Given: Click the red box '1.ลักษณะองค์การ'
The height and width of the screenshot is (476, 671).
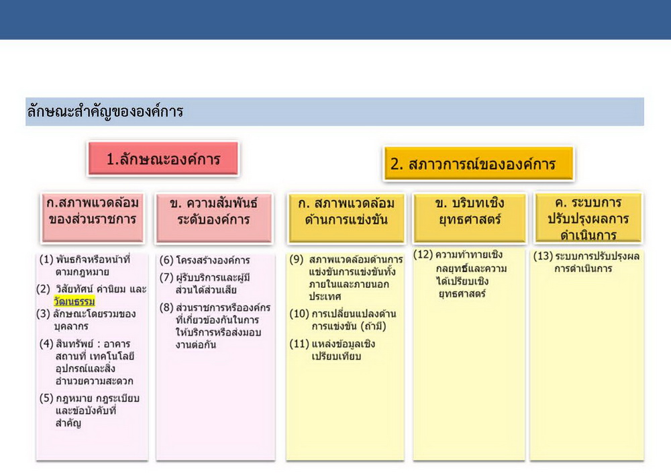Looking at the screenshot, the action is (163, 159).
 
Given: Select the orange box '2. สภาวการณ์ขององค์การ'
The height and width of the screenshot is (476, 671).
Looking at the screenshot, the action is (478, 164).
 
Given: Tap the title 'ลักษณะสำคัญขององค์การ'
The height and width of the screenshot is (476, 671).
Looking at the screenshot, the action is (105, 111).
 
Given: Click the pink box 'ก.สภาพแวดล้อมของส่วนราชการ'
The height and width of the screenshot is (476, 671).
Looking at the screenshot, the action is (93, 218).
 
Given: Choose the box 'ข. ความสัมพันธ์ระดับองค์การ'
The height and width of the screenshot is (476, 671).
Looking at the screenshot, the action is (213, 218).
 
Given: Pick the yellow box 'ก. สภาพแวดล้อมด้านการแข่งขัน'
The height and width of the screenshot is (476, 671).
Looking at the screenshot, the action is (346, 218).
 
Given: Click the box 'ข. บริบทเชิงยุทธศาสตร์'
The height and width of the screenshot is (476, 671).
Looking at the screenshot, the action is (470, 218).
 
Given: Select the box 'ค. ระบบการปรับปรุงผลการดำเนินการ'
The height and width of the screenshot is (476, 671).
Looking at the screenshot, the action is (588, 218).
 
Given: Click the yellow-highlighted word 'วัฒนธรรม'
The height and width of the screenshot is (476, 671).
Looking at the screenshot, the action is (74, 301).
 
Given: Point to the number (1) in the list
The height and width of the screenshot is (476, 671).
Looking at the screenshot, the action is (46, 259).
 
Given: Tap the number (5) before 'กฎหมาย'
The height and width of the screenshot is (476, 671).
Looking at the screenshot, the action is (46, 399).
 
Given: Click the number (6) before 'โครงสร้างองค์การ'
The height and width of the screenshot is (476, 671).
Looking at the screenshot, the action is (166, 260).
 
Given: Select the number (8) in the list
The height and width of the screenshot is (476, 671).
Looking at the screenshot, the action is (166, 307).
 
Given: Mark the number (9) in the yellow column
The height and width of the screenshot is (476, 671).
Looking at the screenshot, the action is (297, 259).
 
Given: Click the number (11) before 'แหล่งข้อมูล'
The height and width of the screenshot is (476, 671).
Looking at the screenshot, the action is (299, 344).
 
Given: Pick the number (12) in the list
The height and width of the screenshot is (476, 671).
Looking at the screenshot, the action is (423, 254).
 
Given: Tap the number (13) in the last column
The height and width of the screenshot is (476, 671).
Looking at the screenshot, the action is (543, 256).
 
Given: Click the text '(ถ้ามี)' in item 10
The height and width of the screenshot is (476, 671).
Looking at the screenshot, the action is (374, 326).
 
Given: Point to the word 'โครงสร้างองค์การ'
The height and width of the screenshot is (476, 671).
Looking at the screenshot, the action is (213, 260).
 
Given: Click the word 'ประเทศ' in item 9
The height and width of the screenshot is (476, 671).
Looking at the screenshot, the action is (325, 296).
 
